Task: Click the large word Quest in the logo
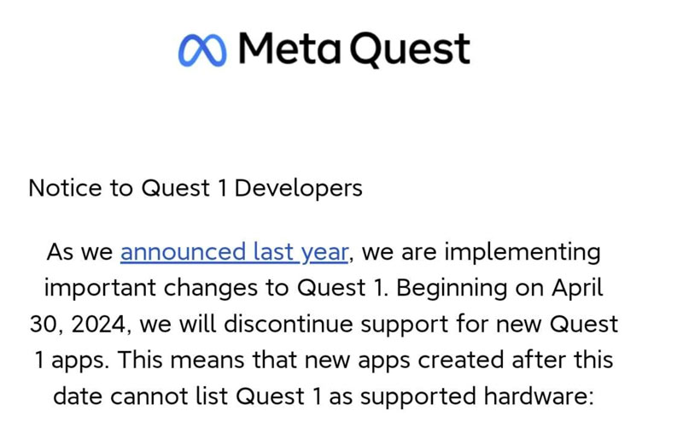click(x=412, y=50)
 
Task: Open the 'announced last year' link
click(x=234, y=253)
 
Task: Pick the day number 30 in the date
click(x=42, y=325)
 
